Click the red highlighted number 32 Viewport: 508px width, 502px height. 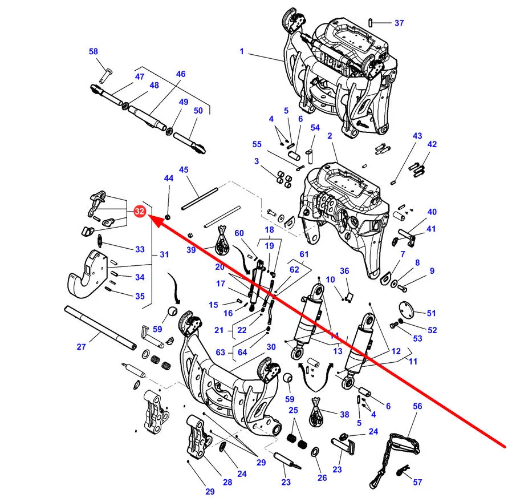click(139, 211)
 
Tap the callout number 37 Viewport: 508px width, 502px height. click(399, 23)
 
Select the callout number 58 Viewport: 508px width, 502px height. click(94, 51)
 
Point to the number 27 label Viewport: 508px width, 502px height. click(81, 347)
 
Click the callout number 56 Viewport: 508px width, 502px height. click(417, 406)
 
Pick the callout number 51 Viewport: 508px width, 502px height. click(431, 313)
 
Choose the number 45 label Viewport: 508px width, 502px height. click(184, 169)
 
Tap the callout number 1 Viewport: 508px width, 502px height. click(242, 51)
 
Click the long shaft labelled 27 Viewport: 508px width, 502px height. click(100, 328)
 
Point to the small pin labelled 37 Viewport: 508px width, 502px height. click(370, 23)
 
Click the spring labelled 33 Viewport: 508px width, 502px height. click(100, 241)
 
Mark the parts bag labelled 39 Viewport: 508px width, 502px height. click(222, 240)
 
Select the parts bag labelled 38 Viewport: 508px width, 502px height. click(316, 412)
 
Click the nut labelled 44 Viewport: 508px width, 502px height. click(168, 216)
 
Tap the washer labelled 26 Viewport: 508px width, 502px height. click(315, 452)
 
